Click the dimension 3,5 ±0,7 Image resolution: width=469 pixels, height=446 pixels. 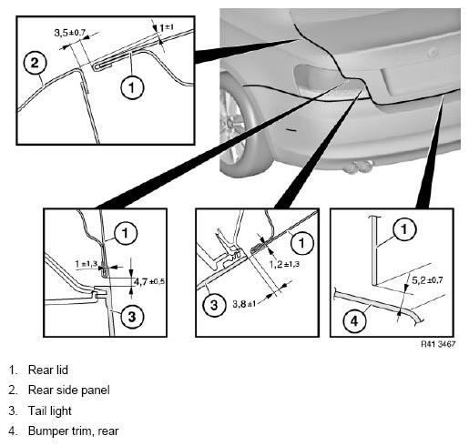(x=70, y=33)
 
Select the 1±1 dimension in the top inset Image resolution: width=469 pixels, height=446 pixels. (x=167, y=28)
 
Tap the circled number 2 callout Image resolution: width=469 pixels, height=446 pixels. (x=35, y=63)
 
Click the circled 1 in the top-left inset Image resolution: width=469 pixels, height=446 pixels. (x=132, y=87)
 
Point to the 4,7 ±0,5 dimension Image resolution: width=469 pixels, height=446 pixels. (x=149, y=281)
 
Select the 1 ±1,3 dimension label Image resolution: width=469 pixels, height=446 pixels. (x=87, y=264)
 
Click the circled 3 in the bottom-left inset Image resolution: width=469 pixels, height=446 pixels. (x=132, y=317)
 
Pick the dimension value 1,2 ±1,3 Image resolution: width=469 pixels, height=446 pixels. (x=284, y=264)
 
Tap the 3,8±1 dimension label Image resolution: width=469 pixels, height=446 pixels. (x=244, y=304)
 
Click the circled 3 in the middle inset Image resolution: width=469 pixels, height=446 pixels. (x=214, y=305)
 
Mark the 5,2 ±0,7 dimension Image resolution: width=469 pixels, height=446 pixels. (x=427, y=280)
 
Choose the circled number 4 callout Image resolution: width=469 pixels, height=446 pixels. (x=354, y=320)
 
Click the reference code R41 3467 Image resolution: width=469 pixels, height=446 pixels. (x=438, y=344)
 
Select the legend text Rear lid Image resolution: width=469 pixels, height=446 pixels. (x=48, y=370)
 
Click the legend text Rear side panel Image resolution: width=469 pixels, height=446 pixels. (x=69, y=390)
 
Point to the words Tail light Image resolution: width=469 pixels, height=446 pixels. (x=50, y=411)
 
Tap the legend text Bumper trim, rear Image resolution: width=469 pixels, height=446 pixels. (x=73, y=431)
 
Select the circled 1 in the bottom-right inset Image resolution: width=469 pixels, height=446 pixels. (x=404, y=229)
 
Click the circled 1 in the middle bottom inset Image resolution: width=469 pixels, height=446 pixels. (x=302, y=243)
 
